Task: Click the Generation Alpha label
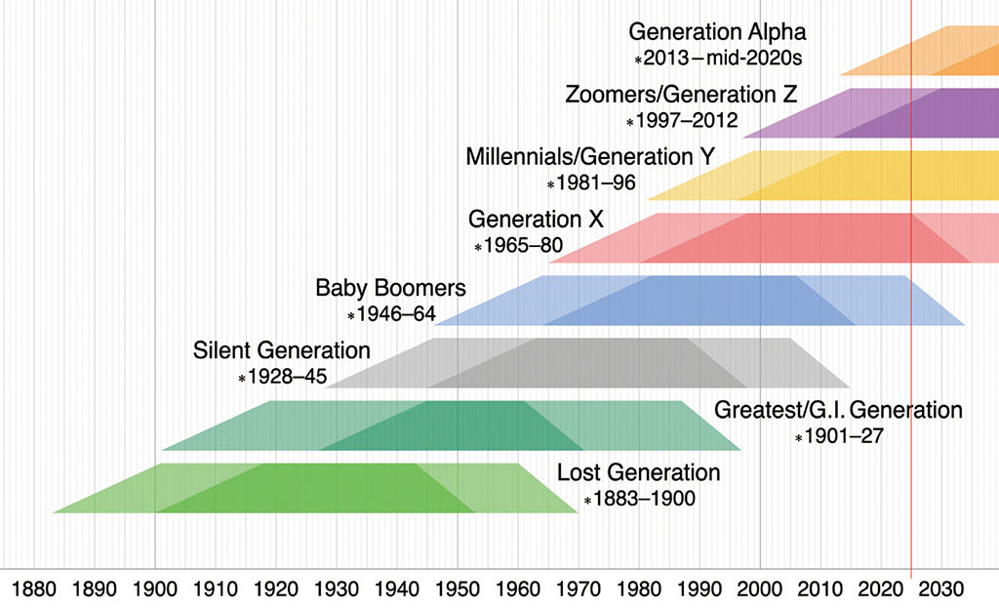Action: click(x=717, y=32)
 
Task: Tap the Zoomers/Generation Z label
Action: click(x=681, y=95)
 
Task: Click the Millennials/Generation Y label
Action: click(x=590, y=156)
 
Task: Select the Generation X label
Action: click(x=536, y=219)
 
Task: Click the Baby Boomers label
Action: click(x=390, y=289)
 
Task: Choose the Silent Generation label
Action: click(x=282, y=350)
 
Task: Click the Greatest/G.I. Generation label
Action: click(x=838, y=410)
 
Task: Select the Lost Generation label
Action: click(x=638, y=473)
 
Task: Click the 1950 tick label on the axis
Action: click(x=458, y=589)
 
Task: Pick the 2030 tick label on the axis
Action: click(x=941, y=589)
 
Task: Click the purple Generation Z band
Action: click(x=878, y=113)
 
